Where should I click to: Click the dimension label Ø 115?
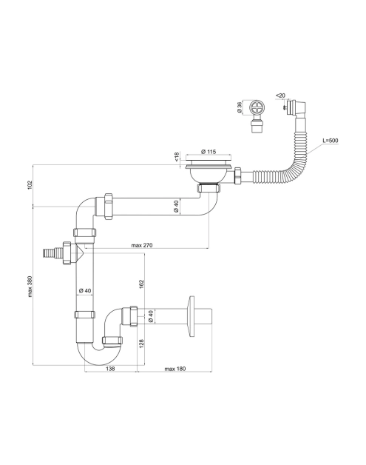click(x=209, y=152)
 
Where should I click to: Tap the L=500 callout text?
click(x=331, y=140)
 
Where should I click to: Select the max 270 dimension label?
click(x=142, y=245)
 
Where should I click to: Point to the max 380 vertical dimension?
click(x=30, y=287)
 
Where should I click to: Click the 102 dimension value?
click(x=30, y=185)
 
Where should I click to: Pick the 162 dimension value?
click(x=141, y=284)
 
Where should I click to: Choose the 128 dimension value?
click(x=141, y=344)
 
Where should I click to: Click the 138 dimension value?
click(x=110, y=369)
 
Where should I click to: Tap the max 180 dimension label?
click(x=175, y=369)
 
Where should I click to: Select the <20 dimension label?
click(x=280, y=96)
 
